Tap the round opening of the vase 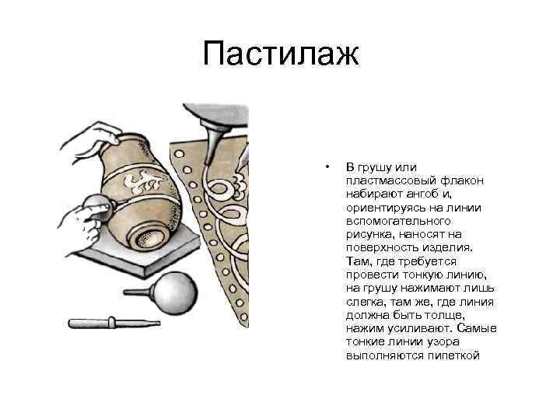point(145,236)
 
